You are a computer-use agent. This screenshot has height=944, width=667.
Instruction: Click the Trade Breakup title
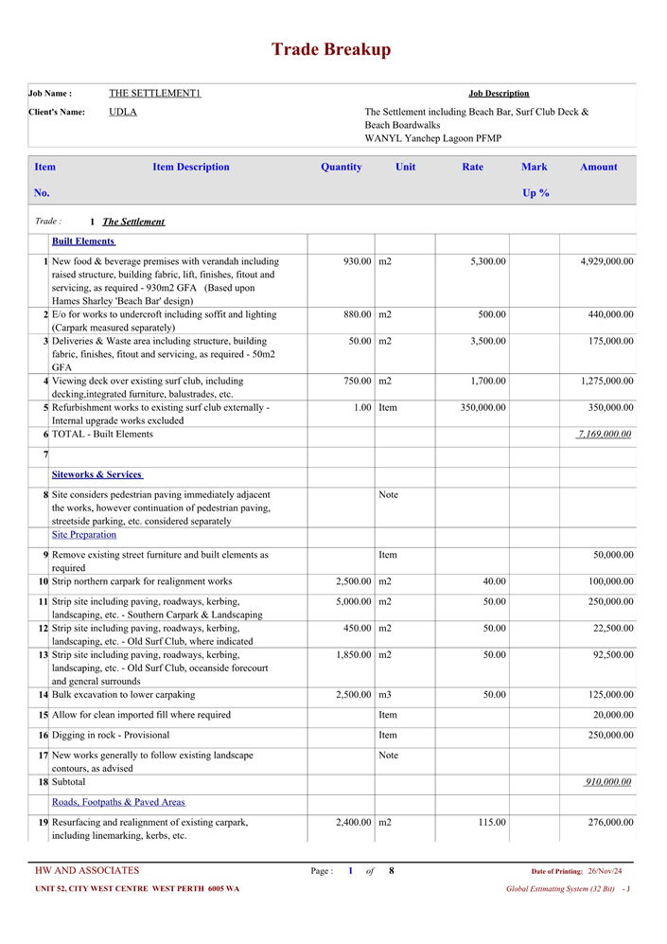[x=331, y=50]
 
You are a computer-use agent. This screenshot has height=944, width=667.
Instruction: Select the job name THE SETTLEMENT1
[x=154, y=93]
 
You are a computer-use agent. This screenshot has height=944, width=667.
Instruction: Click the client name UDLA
[x=123, y=112]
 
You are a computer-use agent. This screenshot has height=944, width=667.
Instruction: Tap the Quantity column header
[x=341, y=168]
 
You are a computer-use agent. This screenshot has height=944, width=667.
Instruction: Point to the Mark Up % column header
[x=535, y=179]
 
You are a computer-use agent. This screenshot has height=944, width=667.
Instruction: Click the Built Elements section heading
[x=83, y=241]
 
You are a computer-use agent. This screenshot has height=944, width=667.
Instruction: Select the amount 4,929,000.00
[x=606, y=261]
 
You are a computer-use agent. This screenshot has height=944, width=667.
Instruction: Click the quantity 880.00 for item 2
[x=353, y=314]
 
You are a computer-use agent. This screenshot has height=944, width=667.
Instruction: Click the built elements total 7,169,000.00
[x=605, y=434]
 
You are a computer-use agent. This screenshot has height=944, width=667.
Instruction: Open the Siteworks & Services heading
[x=97, y=474]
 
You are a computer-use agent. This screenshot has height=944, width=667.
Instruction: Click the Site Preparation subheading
[x=84, y=535]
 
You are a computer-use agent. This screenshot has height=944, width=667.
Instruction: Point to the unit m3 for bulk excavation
[x=385, y=695]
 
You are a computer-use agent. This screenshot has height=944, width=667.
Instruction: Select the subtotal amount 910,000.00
[x=608, y=782]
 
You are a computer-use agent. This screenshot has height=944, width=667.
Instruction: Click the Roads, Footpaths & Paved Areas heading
[x=118, y=802]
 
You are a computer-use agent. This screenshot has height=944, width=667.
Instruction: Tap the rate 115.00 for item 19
[x=492, y=823]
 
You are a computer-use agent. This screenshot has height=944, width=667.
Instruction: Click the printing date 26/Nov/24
[x=605, y=871]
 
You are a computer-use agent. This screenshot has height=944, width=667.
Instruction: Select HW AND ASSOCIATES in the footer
[x=87, y=871]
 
